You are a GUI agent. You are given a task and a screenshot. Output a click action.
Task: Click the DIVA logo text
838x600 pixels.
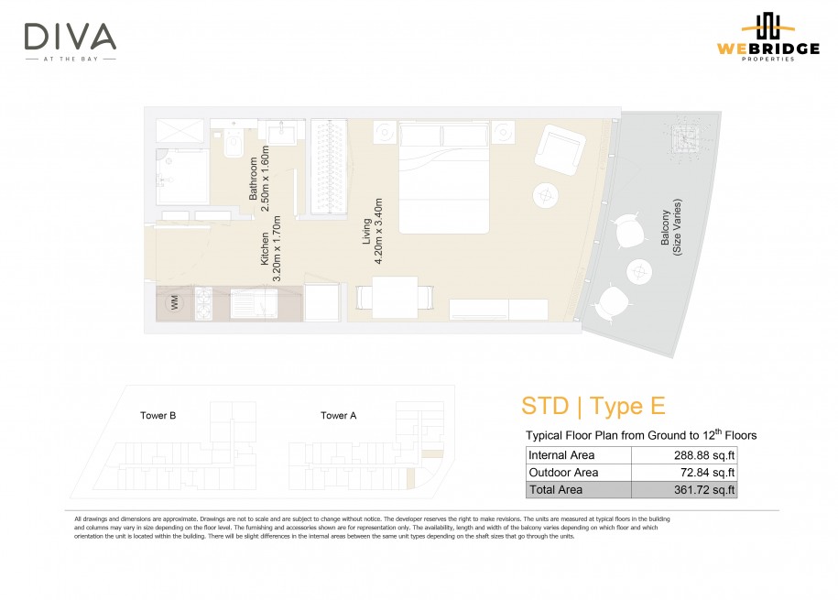coord(70,37)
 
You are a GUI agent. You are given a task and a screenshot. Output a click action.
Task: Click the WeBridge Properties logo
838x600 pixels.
coord(768,37)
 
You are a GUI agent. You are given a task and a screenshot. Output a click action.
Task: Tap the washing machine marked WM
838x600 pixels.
coord(174,303)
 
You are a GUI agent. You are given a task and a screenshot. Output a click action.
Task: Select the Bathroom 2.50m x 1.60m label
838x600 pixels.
coord(258,179)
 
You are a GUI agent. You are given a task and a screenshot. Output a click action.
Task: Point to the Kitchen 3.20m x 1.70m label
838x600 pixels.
coord(270,248)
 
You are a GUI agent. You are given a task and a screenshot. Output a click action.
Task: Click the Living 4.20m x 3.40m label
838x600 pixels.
coord(372,231)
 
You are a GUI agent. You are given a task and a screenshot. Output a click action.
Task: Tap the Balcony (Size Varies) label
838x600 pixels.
coord(670,227)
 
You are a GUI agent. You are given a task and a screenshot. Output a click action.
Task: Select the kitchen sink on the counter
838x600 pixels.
coord(254,304)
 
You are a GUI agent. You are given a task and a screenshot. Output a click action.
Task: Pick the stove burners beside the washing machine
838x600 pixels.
coord(203,304)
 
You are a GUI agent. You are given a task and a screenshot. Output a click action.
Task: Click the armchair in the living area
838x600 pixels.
coord(560,149)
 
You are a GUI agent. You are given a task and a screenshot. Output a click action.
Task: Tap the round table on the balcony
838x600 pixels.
coord(638,272)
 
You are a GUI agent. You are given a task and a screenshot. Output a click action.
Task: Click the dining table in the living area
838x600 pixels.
coord(395,297)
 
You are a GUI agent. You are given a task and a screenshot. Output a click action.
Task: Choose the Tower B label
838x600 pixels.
coord(158,416)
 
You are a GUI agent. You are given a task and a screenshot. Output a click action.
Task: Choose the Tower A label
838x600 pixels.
coord(338,416)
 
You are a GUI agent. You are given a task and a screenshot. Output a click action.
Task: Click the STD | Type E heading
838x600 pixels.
coord(593,406)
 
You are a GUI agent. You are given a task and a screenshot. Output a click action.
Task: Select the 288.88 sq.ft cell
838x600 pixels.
coord(684,455)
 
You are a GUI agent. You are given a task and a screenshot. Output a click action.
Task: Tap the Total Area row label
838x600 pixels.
coord(555,489)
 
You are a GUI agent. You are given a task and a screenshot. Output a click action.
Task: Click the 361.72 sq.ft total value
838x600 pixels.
coord(704,489)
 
